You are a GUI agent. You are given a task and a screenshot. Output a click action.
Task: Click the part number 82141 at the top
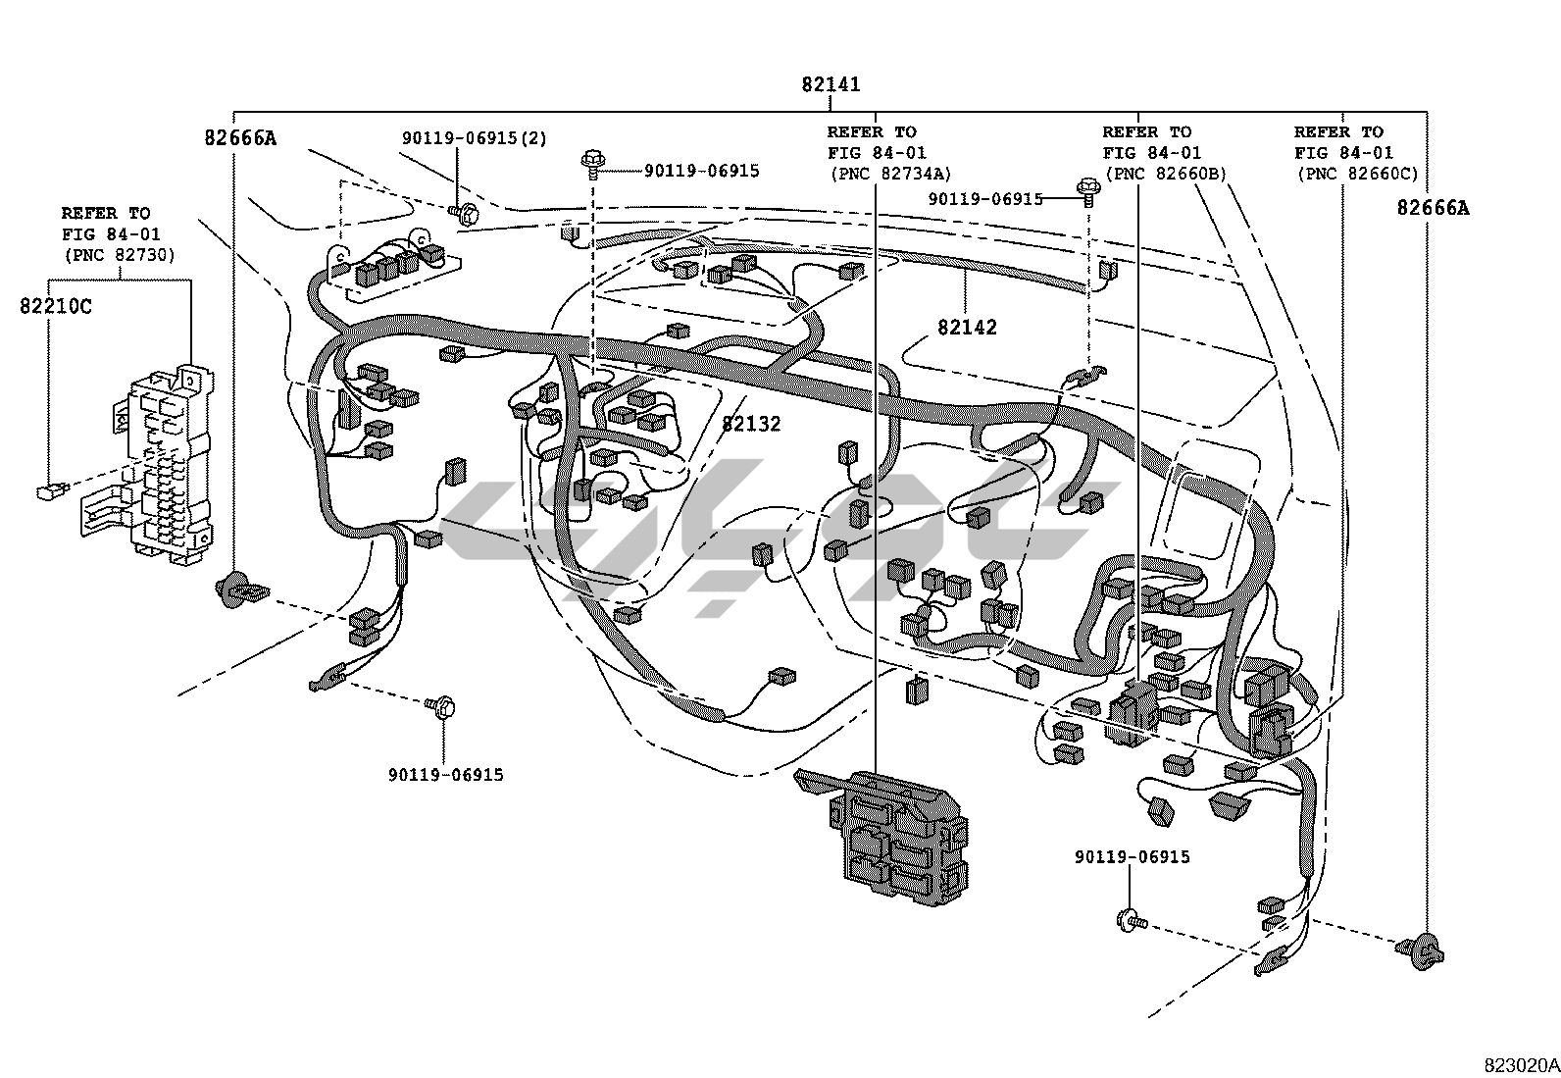[831, 84]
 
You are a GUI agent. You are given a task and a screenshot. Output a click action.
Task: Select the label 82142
[967, 327]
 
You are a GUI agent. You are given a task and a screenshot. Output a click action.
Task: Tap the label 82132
[751, 423]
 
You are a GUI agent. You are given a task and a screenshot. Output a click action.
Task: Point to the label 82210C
[56, 306]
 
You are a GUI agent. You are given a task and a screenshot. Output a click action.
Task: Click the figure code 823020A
[1521, 1065]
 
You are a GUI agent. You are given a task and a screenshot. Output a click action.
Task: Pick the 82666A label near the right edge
[1433, 208]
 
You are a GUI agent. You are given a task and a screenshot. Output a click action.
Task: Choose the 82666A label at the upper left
[240, 138]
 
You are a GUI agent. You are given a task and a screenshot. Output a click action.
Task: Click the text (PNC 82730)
[120, 255]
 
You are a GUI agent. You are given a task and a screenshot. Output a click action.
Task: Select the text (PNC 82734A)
[890, 174]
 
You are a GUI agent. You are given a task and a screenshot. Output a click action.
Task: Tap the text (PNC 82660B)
[1165, 174]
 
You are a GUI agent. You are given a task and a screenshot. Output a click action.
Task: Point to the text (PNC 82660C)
[1357, 174]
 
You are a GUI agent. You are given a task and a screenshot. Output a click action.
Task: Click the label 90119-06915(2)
[475, 138]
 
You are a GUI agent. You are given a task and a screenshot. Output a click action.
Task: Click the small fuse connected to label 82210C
[52, 491]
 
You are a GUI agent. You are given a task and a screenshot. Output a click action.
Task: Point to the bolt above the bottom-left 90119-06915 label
[441, 706]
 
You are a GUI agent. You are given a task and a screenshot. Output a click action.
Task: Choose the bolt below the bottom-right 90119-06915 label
[1131, 921]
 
